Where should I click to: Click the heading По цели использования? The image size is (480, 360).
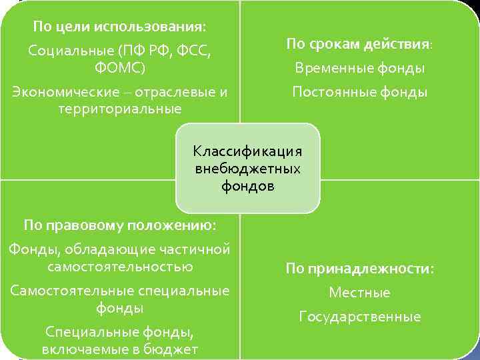pyautogui.click(x=120, y=27)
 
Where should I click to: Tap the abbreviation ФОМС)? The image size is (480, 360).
pyautogui.click(x=120, y=69)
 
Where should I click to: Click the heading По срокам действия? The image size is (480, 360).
pyautogui.click(x=359, y=45)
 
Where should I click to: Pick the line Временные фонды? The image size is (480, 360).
pyautogui.click(x=359, y=69)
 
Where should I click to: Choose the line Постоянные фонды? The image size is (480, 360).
pyautogui.click(x=359, y=92)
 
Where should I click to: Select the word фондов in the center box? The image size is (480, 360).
pyautogui.click(x=248, y=186)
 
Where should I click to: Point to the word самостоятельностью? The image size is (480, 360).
pyautogui.click(x=120, y=267)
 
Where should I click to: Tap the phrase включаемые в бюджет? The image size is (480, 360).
pyautogui.click(x=120, y=349)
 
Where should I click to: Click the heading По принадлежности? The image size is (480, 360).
pyautogui.click(x=359, y=269)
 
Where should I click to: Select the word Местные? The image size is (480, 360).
pyautogui.click(x=359, y=293)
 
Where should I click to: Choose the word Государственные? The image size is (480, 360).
pyautogui.click(x=359, y=317)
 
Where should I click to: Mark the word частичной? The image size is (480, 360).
pyautogui.click(x=198, y=249)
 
